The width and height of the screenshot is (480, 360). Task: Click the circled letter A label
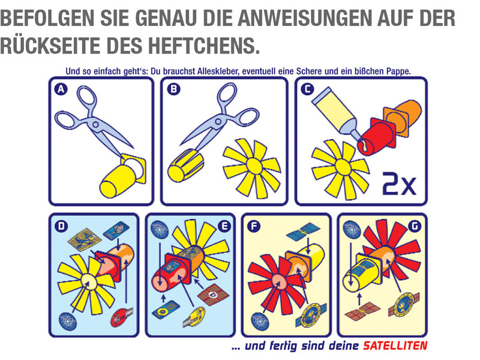point(61,89)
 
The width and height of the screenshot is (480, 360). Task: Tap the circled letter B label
point(173,89)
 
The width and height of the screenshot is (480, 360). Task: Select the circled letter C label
point(307,89)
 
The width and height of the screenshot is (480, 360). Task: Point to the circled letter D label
point(62,226)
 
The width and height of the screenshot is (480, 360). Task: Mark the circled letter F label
point(254,226)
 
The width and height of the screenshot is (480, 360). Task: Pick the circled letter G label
point(415,226)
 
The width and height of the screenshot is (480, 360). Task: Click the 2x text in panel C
point(399,184)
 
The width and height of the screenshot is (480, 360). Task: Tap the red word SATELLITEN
point(395,346)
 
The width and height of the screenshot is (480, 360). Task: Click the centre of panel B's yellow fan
point(253,166)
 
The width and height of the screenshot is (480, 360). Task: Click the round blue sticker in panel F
point(260,321)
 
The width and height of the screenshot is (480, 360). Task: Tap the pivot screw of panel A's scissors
point(95,124)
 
